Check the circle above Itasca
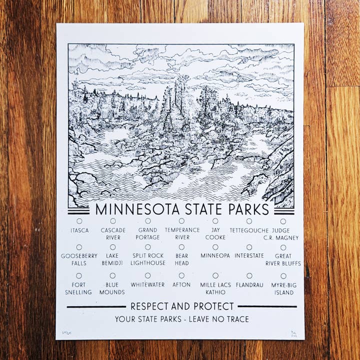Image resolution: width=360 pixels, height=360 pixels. [x=79, y=220]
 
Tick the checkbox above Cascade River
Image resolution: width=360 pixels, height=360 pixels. [x=113, y=220]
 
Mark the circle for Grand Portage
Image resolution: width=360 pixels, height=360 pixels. [x=148, y=220]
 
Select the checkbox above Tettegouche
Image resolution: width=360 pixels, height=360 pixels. [x=249, y=221]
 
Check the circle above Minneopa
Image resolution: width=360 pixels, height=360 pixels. [x=215, y=247]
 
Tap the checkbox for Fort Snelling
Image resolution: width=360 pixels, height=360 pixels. [x=79, y=275]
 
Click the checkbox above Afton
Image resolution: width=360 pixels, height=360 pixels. [x=181, y=275]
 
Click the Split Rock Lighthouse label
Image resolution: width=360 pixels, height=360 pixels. [x=148, y=259]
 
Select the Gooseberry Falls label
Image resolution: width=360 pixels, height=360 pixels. [x=79, y=259]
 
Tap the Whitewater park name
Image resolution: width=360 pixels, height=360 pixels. [x=147, y=284]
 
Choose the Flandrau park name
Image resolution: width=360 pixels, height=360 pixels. [x=249, y=284]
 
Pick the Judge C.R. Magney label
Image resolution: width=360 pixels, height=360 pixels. [x=283, y=233]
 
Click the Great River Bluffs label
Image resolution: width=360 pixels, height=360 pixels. [x=283, y=259]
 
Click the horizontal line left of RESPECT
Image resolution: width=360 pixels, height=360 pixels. [x=96, y=306]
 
